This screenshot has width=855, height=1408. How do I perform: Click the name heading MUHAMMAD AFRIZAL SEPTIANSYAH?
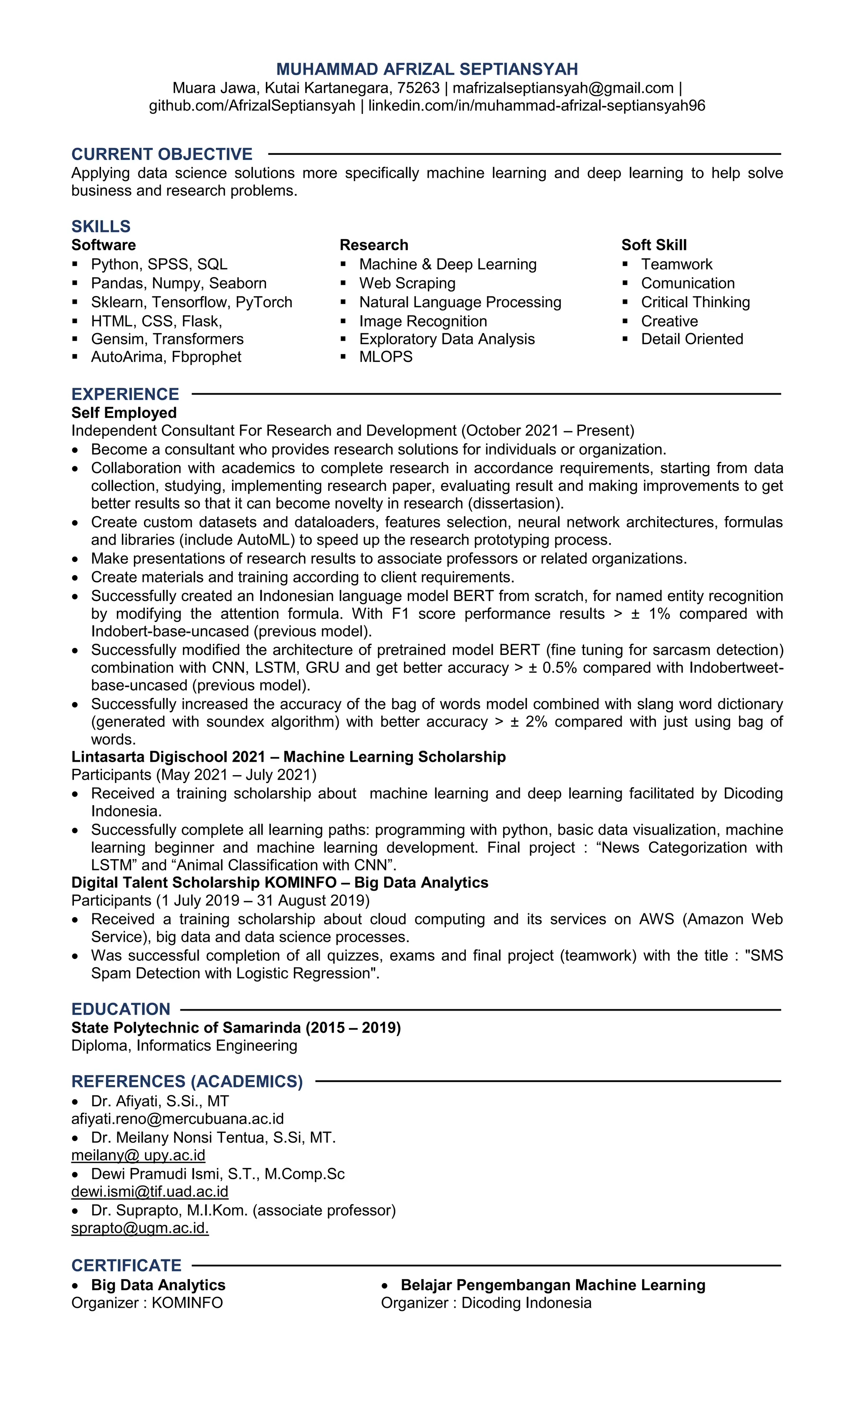click(427, 69)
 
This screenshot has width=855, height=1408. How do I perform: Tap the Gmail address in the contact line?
click(563, 88)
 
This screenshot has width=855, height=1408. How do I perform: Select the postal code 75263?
click(418, 88)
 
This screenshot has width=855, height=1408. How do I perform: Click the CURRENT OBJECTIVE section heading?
click(162, 154)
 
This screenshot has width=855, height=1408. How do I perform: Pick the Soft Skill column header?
click(654, 245)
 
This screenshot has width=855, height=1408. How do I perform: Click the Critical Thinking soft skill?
click(695, 302)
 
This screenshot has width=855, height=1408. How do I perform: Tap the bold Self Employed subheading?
click(124, 412)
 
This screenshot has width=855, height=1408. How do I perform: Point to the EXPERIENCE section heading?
click(125, 394)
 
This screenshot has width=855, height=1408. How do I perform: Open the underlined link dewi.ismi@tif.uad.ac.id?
click(150, 1191)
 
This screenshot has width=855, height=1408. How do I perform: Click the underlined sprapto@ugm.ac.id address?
click(140, 1228)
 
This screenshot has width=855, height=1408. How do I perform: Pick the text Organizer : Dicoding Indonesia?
click(486, 1303)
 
